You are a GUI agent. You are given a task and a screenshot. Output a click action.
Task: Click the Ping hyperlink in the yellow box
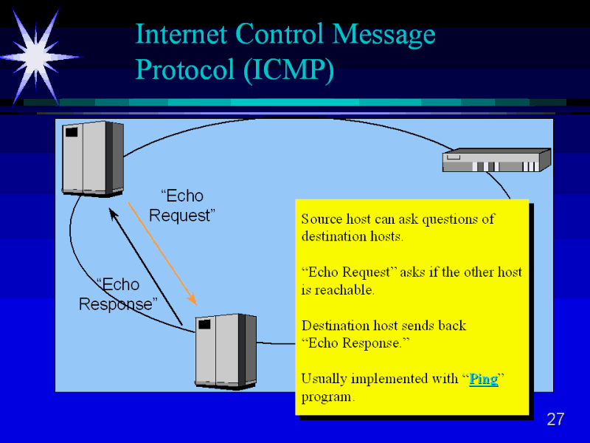484,380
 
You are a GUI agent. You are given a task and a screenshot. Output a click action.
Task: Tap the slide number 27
555,420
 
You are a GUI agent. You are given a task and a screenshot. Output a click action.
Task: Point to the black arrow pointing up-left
145,265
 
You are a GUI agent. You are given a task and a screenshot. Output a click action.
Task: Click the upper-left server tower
92,158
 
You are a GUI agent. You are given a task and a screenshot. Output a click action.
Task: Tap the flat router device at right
496,160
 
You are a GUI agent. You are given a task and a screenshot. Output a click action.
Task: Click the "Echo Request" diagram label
181,205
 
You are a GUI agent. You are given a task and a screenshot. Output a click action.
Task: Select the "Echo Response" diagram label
118,294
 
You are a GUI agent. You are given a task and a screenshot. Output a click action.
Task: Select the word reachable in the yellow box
344,289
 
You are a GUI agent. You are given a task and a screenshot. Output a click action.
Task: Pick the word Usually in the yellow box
323,380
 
